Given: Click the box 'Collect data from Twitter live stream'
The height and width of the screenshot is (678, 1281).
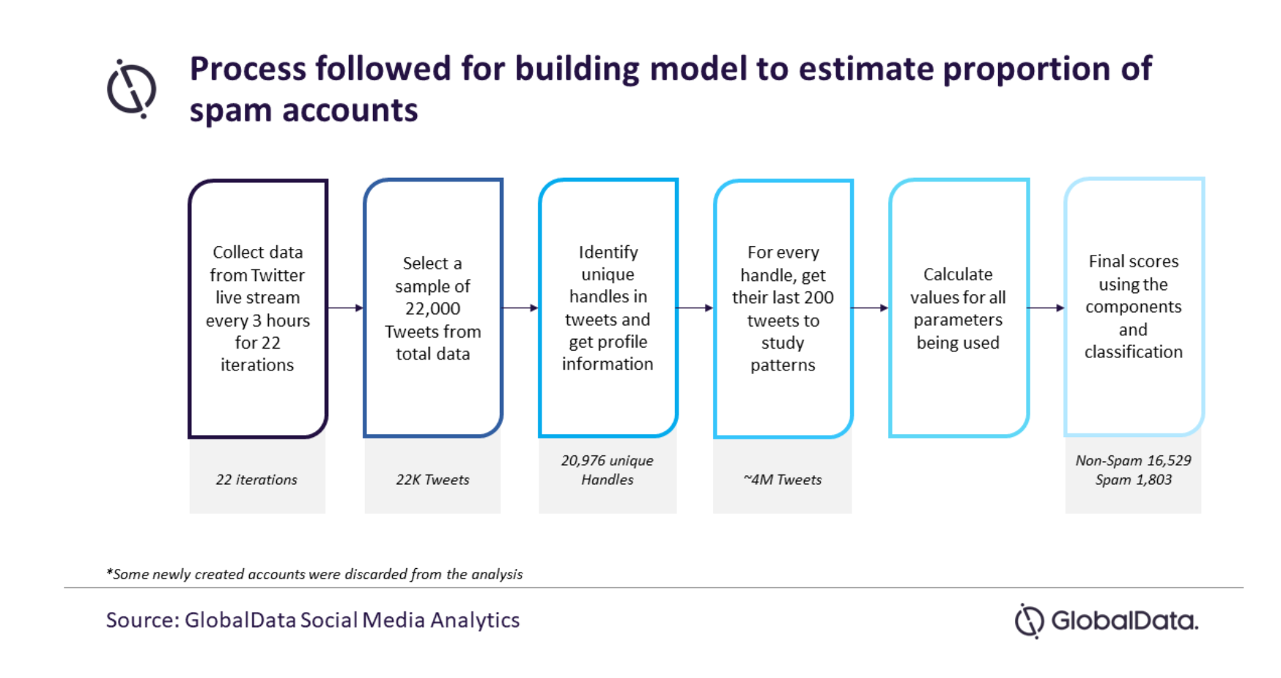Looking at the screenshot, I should (257, 308).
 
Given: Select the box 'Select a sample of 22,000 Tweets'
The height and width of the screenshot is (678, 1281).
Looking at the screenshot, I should (432, 308).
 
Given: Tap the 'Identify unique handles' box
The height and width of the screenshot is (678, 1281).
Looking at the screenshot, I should (608, 308).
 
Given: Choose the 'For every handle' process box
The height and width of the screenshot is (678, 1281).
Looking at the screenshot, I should (783, 308).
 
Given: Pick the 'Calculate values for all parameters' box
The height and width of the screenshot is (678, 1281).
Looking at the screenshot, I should (958, 308).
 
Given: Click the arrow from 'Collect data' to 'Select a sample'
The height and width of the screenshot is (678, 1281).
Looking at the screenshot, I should (345, 308).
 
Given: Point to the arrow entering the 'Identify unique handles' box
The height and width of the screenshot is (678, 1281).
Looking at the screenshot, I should (520, 308).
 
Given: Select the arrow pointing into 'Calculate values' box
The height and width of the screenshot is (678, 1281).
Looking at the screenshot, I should (870, 308).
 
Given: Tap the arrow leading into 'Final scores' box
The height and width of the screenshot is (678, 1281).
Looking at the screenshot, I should (1046, 308).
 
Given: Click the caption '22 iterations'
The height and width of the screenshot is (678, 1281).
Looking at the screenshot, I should (256, 480).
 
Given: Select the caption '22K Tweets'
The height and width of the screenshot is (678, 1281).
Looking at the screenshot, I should (432, 480).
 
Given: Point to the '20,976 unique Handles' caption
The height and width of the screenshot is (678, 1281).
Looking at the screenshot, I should (608, 470).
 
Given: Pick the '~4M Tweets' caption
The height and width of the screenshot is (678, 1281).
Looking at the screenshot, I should (783, 480).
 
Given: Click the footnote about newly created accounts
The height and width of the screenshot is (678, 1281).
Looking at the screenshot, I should (314, 574).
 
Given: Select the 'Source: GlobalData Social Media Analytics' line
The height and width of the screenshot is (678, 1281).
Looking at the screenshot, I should (313, 620).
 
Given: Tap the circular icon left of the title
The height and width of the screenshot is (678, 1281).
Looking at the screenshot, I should (132, 89).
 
